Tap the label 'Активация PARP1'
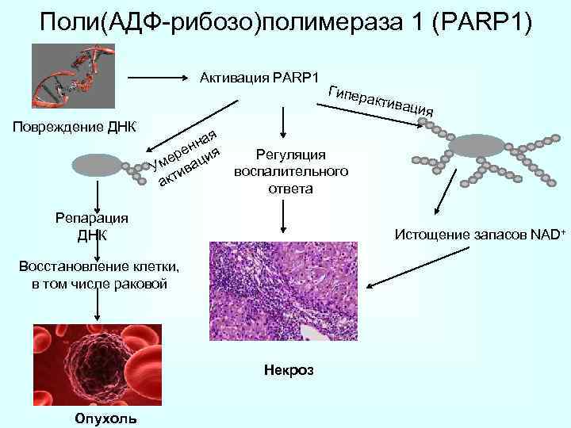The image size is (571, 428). (x=259, y=78)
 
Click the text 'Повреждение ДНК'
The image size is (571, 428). (x=70, y=128)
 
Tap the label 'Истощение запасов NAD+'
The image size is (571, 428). (x=479, y=235)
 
